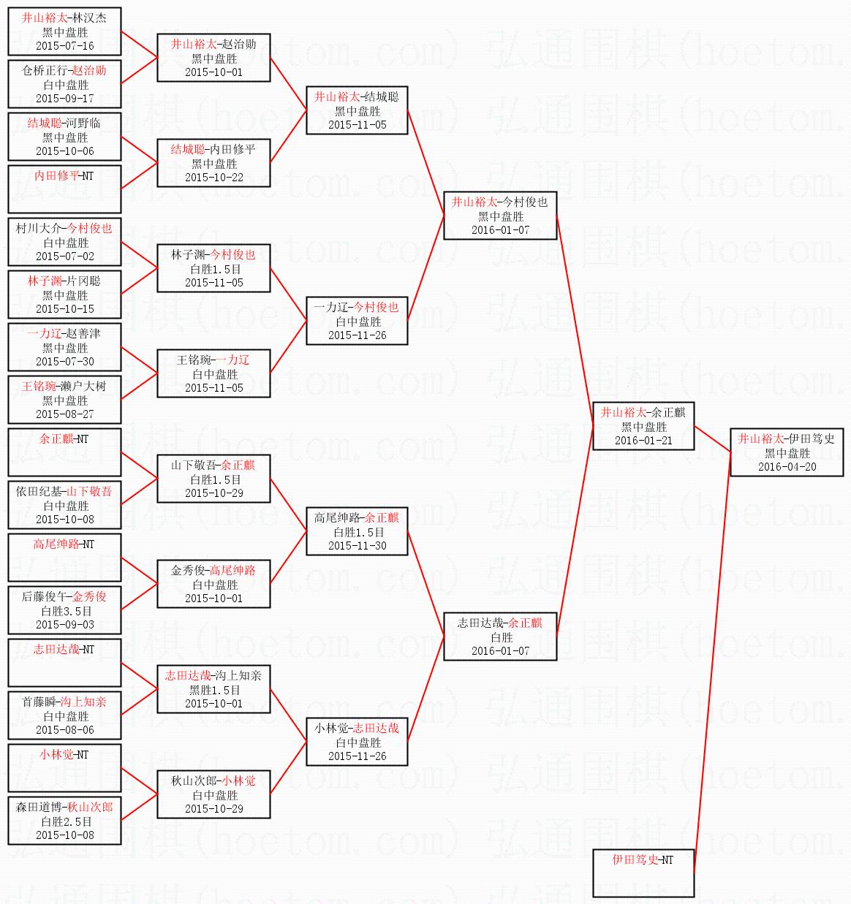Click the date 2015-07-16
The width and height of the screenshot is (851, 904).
tap(65, 46)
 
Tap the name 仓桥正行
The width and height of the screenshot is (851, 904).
tap(43, 71)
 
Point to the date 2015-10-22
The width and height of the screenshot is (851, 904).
tap(213, 178)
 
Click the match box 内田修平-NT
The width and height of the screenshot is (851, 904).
tap(64, 189)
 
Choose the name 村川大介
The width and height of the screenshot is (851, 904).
tap(39, 229)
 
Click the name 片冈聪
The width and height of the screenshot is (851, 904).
tap(83, 281)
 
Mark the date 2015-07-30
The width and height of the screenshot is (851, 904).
tap(65, 362)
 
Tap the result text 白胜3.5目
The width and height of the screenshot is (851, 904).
tap(65, 611)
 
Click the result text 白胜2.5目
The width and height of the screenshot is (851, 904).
tap(65, 821)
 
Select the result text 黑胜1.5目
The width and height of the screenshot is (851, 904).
tap(214, 690)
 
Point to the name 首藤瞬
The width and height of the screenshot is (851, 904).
tap(39, 702)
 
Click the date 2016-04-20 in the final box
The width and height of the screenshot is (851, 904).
tap(787, 467)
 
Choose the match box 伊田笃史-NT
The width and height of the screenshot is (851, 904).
tap(643, 873)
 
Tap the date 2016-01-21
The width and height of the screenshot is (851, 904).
tap(643, 441)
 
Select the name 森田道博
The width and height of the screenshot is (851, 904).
tap(39, 808)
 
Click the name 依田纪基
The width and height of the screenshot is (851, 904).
tap(39, 492)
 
